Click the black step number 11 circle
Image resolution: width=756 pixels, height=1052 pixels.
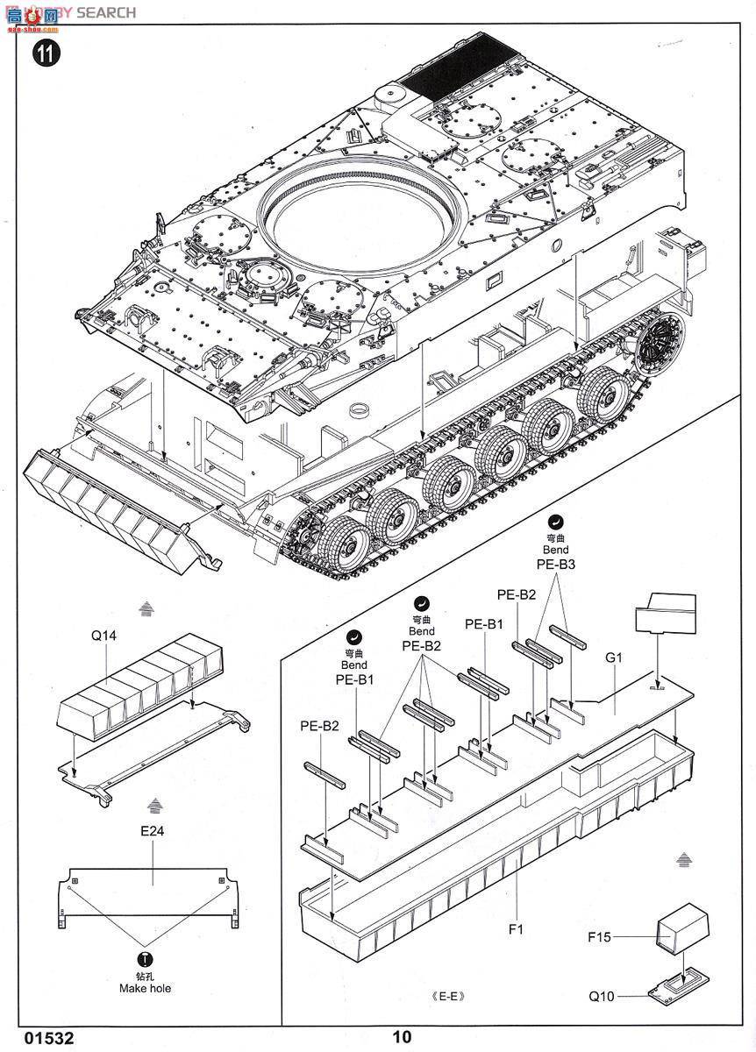[x=46, y=53]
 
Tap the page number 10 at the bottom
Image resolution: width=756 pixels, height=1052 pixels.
[x=402, y=1037]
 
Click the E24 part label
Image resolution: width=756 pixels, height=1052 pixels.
[x=151, y=828]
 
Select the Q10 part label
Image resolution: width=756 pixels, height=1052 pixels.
[x=602, y=996]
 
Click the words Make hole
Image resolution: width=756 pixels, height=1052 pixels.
[x=146, y=988]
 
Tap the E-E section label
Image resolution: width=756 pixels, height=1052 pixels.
[x=446, y=996]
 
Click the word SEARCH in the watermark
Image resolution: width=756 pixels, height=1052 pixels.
[x=106, y=12]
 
